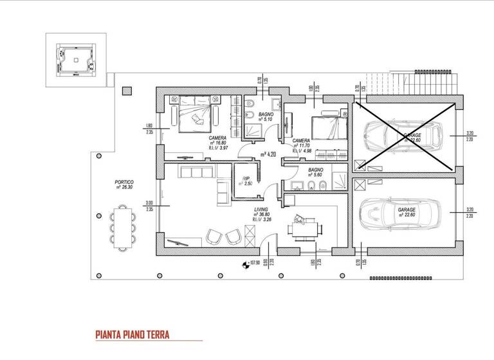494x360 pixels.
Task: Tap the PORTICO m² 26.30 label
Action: coord(123,185)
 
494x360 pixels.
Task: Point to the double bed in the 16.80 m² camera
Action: coord(194,114)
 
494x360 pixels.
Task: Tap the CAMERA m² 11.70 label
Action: coord(302,145)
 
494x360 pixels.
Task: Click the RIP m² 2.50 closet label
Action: coord(244,181)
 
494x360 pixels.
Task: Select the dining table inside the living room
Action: coord(301,226)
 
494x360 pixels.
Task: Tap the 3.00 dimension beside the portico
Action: coord(149,205)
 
